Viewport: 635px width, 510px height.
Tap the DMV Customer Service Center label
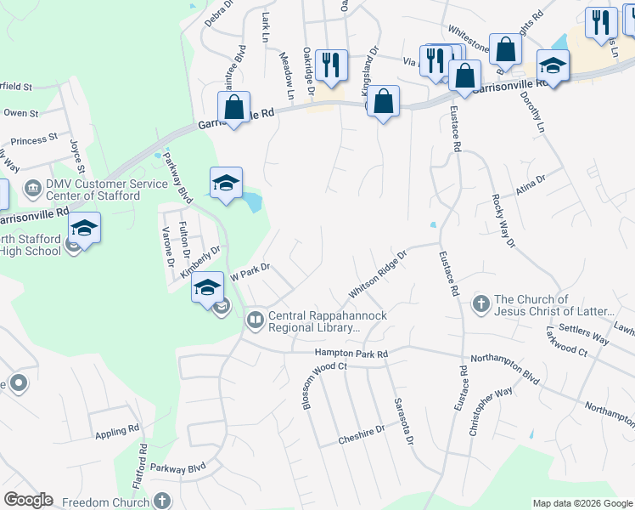(93, 189)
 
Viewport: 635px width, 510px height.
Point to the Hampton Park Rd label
(351, 353)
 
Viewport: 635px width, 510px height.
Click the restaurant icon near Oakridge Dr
(330, 64)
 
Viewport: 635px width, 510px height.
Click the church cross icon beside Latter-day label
(480, 304)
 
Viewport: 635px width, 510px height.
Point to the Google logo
(27, 500)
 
